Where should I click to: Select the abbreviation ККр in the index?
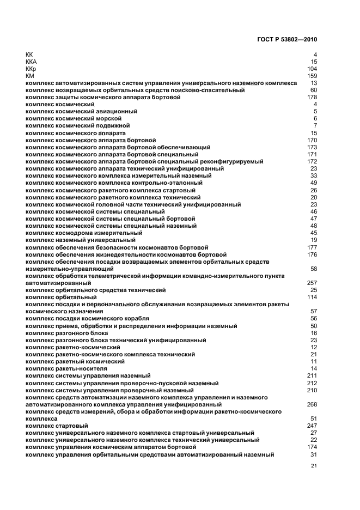point(31,69)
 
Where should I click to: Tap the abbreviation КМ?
point(30,76)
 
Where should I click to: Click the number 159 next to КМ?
point(312,76)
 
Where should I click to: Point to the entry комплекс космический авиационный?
point(81,111)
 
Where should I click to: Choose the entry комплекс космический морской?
point(74,118)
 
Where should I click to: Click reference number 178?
point(312,97)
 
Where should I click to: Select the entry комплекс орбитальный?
point(61,297)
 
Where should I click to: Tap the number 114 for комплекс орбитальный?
point(312,297)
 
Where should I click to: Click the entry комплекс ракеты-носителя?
point(66,368)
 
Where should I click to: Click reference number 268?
point(312,405)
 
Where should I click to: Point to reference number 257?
point(312,283)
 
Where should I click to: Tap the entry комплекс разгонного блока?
point(66,333)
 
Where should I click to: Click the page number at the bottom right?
point(314,466)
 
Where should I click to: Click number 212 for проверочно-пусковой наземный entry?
point(312,383)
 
